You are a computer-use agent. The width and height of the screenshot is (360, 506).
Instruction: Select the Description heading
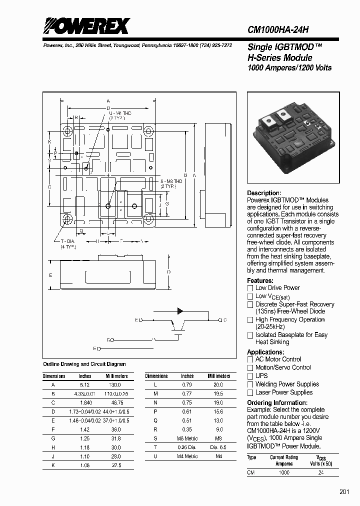point(264,193)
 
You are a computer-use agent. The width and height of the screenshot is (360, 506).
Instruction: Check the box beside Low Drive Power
point(250,288)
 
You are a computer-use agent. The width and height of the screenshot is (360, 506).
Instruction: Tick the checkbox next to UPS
point(250,376)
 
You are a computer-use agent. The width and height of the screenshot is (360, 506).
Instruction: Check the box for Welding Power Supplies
point(250,384)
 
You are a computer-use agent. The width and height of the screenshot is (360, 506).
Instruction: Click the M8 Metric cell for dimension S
point(187,438)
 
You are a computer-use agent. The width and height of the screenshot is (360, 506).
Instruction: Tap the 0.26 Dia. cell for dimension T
point(187,447)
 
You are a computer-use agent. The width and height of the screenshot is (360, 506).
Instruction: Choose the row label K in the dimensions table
point(53,465)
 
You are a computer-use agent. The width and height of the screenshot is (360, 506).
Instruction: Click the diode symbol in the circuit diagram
point(180,311)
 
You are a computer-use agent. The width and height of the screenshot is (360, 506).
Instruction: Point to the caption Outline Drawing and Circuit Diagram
point(84,364)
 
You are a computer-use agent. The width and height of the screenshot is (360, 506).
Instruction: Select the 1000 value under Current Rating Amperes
point(283,472)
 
